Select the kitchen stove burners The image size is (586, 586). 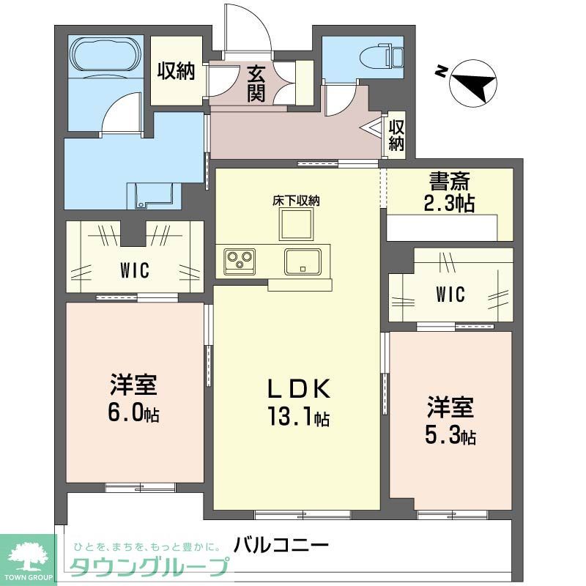tap(240, 258)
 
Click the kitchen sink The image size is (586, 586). tap(303, 260)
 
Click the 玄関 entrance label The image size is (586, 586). tap(256, 84)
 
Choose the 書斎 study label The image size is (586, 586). tap(449, 180)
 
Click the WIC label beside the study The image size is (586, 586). tap(450, 294)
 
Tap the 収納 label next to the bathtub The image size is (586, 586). tap(175, 71)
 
